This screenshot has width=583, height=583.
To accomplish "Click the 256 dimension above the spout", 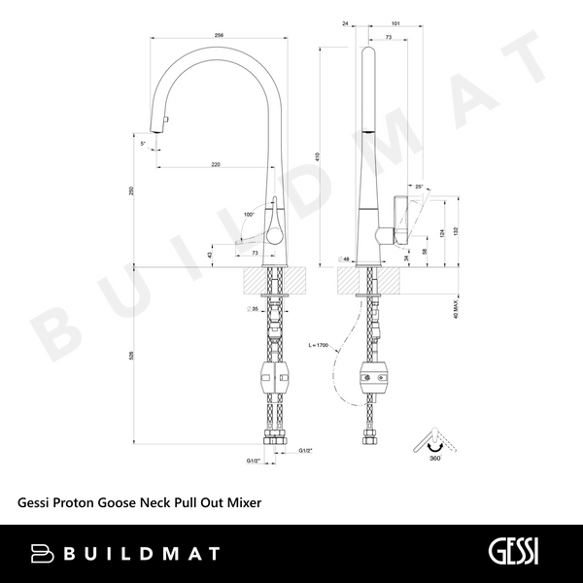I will (219, 36).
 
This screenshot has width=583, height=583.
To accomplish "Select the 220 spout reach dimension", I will (215, 164).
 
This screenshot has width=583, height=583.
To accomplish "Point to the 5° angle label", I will (143, 144).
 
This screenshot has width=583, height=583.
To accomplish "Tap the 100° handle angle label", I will (249, 213).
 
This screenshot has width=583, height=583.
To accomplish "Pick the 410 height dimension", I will (318, 155).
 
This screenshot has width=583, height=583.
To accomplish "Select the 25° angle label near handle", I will (418, 186).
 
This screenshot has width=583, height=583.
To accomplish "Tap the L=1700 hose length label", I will (319, 345).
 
